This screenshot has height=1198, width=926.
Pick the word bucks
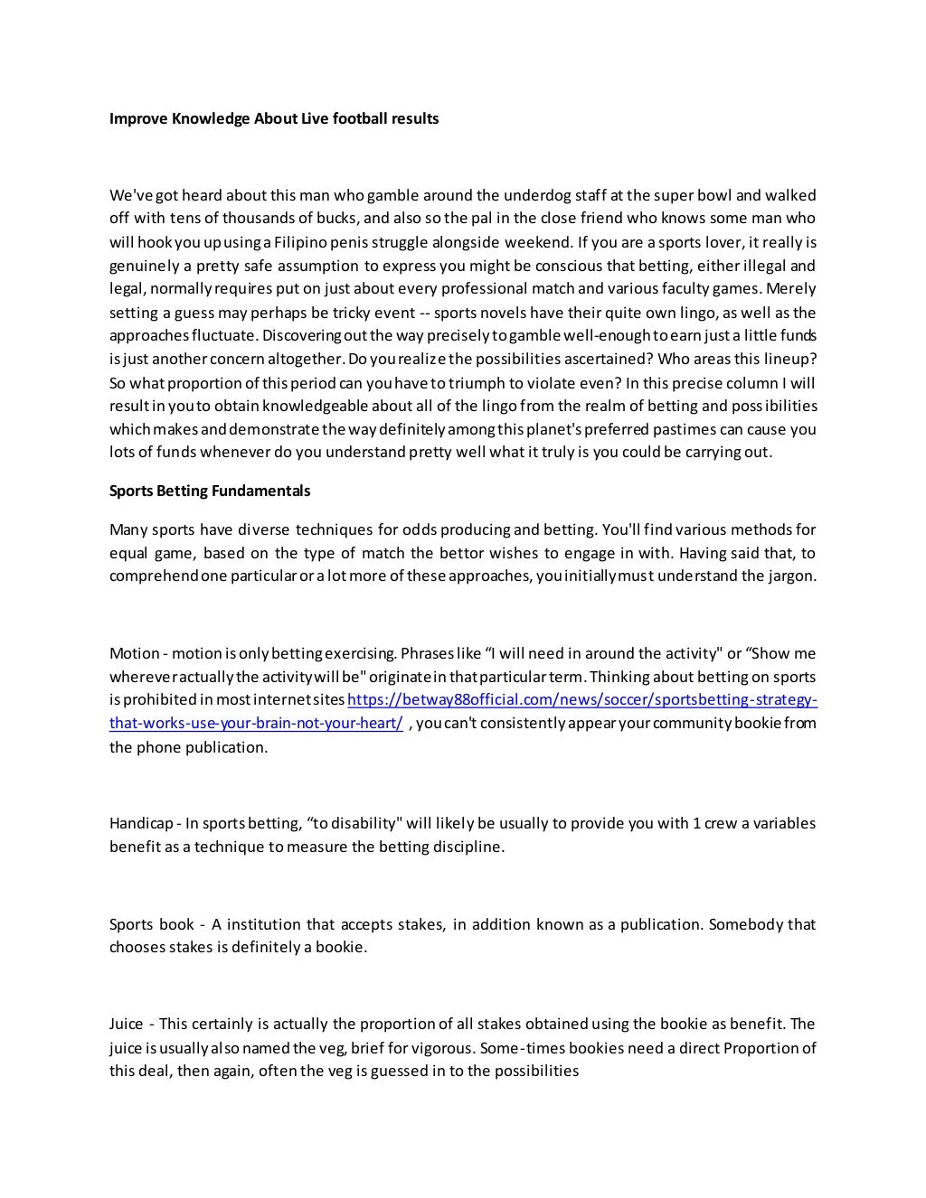coord(336,218)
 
